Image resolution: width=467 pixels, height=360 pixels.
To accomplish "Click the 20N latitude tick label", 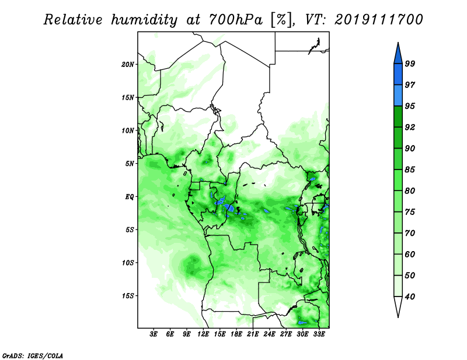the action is [128, 65].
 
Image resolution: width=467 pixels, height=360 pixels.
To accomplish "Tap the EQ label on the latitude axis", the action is [130, 197].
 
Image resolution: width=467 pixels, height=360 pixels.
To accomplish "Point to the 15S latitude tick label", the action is [128, 296].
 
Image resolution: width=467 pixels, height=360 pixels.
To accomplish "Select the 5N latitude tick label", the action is [130, 164].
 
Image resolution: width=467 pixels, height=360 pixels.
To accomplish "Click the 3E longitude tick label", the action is [154, 334].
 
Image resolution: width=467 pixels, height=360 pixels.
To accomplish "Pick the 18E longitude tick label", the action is [236, 334].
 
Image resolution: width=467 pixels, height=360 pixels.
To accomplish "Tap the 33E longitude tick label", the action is [319, 334].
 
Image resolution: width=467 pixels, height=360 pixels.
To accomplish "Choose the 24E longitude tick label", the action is [269, 334].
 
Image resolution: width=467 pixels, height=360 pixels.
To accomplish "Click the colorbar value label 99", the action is [410, 63].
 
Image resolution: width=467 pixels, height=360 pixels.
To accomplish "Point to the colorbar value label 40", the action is [410, 297].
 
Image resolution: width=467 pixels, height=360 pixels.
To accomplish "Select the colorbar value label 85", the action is [410, 170].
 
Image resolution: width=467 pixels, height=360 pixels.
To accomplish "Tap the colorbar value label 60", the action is [410, 254].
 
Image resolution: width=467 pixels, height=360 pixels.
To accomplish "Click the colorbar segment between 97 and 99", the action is [398, 75].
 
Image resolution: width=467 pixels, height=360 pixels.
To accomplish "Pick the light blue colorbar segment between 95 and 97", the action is [398, 96].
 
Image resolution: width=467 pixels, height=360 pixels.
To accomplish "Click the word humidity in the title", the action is [144, 20].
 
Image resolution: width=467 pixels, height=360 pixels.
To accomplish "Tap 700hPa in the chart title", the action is [236, 20].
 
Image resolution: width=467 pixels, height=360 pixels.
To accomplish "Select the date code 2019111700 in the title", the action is [378, 20].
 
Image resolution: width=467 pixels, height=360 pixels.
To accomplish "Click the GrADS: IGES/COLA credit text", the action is [33, 355].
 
